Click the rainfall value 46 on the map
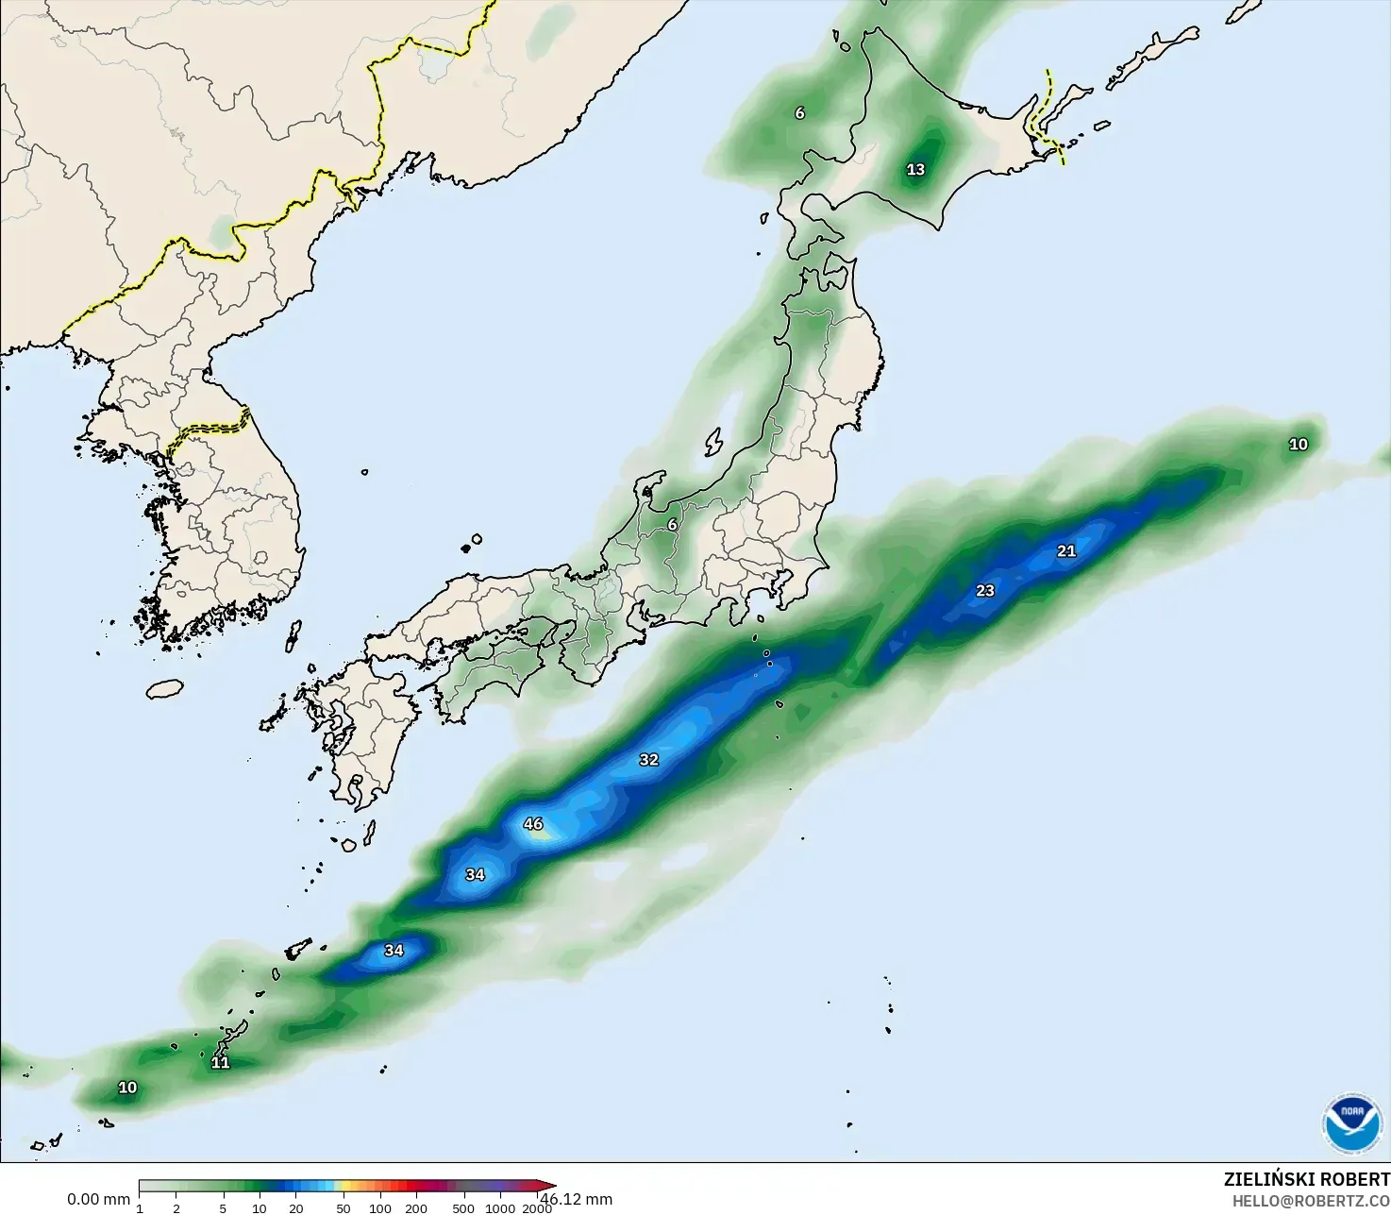pos(533,824)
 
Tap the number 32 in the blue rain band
pos(648,760)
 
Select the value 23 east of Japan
pos(985,591)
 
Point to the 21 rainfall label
pos(1066,551)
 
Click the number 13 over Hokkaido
pos(915,170)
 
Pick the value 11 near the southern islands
pos(220,1063)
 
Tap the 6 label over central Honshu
pos(672,525)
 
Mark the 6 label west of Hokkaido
pos(799,113)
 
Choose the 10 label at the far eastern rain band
pos(1299,445)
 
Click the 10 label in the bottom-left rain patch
pos(127,1088)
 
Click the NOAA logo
pos(1351,1122)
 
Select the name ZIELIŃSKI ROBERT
pos(1306,1179)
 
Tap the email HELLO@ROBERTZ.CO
pos(1311,1201)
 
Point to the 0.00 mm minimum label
pos(98,1199)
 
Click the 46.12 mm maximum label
pos(577,1199)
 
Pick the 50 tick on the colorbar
pos(343,1208)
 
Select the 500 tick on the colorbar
pos(462,1208)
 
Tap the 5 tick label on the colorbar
pos(223,1208)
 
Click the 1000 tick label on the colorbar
pos(500,1208)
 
